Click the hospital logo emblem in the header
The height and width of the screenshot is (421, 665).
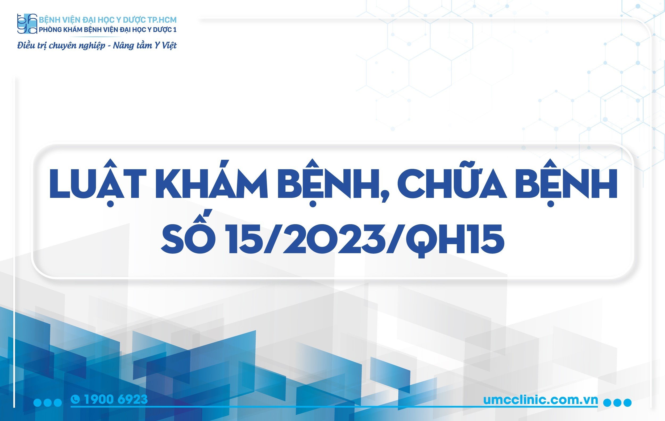tap(27, 24)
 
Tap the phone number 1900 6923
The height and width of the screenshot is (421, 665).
tap(116, 399)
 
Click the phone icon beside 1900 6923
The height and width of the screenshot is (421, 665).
tap(75, 399)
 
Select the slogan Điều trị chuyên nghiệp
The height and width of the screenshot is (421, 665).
tap(61, 45)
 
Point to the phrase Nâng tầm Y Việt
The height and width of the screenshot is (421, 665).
tap(145, 45)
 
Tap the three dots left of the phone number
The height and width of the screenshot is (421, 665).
tap(47, 402)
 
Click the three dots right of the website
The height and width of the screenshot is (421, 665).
tap(617, 402)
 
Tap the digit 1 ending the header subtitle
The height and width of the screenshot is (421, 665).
tap(174, 30)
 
